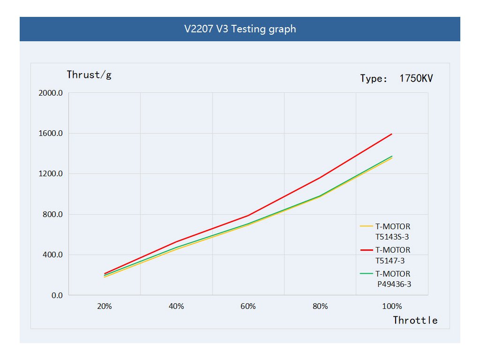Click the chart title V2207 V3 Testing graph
click(x=240, y=29)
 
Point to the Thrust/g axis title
click(x=89, y=75)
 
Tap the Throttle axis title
click(x=415, y=321)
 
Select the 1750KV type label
click(x=397, y=78)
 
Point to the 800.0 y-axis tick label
click(x=53, y=215)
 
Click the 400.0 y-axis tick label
click(x=53, y=255)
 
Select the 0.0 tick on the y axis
click(x=56, y=296)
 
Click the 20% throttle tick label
click(x=104, y=307)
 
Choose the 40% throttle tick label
click(x=176, y=307)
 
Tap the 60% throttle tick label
click(x=248, y=307)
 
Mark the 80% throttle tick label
click(x=320, y=307)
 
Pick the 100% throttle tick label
click(x=392, y=307)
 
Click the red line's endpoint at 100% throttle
click(x=392, y=134)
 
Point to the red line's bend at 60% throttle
click(x=248, y=216)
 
